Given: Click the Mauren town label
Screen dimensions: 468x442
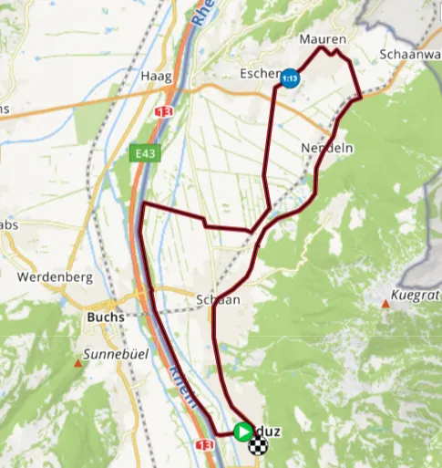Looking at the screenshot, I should pyautogui.click(x=323, y=40).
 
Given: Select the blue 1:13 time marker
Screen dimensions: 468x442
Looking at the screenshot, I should pyautogui.click(x=290, y=78).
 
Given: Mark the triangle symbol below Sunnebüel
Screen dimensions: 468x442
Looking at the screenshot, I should pyautogui.click(x=79, y=363).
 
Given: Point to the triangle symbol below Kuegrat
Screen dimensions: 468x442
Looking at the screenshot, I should pyautogui.click(x=386, y=306).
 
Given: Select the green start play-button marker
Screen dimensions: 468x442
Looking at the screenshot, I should pyautogui.click(x=242, y=431).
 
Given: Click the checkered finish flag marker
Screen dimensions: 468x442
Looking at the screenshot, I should pyautogui.click(x=260, y=445).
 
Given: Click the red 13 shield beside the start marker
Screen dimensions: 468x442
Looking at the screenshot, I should pyautogui.click(x=204, y=444).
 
